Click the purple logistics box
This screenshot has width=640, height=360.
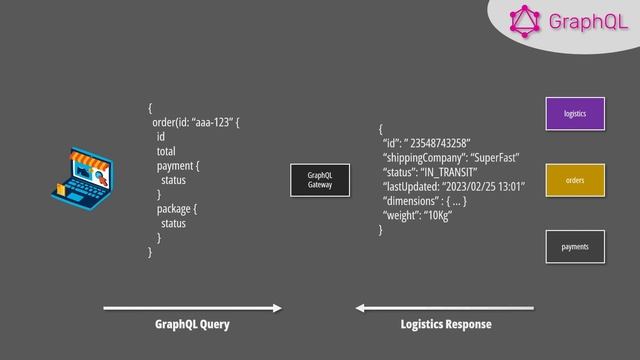[575, 114]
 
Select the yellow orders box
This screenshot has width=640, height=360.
[575, 180]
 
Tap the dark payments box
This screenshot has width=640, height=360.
[575, 246]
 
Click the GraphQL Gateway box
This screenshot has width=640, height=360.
[320, 180]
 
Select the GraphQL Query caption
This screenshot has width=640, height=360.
[192, 325]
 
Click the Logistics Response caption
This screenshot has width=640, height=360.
[446, 325]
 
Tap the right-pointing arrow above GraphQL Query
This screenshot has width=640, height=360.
[192, 307]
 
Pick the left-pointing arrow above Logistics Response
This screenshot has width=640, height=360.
[445, 307]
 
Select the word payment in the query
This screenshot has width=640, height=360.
[176, 165]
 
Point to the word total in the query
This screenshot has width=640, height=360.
[166, 151]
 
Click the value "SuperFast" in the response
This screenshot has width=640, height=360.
[491, 158]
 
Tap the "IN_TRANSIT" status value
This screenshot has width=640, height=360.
[448, 172]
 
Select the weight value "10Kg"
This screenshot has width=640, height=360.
[438, 215]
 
